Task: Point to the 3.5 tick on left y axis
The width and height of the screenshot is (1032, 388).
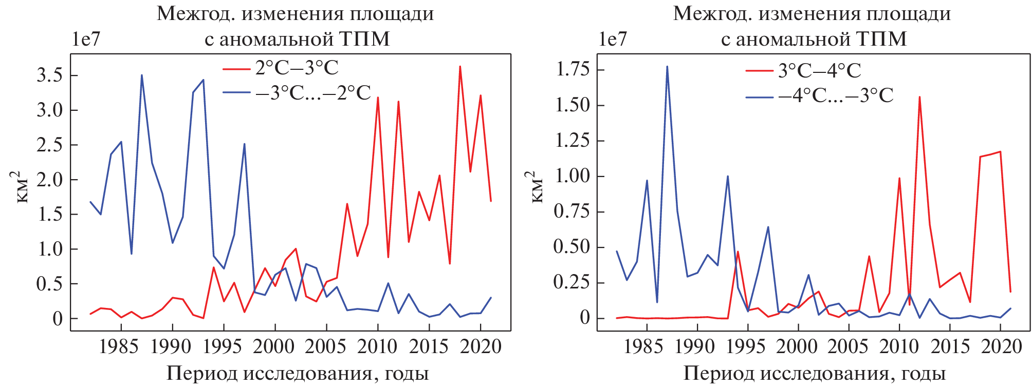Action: [49, 75]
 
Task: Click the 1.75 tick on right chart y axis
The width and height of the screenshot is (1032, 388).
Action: [573, 69]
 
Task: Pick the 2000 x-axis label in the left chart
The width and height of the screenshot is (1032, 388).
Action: [274, 347]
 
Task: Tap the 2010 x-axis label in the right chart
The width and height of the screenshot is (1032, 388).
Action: [899, 347]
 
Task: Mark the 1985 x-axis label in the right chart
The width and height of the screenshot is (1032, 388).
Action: [643, 347]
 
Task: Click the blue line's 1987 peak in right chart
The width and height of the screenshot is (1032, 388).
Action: [667, 66]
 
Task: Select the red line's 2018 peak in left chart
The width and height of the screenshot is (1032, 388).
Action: [460, 66]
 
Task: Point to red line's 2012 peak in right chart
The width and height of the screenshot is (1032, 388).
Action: [919, 97]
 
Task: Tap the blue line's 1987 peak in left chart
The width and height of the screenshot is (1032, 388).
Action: [141, 75]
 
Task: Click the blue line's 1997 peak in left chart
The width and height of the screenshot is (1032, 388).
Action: [244, 144]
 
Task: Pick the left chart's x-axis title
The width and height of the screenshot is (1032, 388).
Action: [297, 373]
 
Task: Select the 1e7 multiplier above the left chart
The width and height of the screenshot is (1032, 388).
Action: [85, 39]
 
